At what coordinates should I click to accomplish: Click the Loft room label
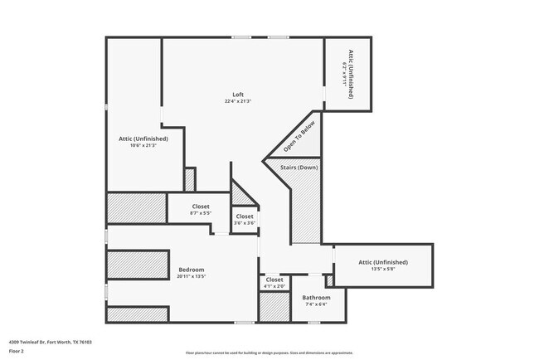click(238, 94)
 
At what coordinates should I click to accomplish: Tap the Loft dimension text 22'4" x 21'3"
click(238, 101)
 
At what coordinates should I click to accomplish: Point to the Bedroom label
click(192, 270)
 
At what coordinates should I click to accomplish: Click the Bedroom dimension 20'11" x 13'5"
click(192, 276)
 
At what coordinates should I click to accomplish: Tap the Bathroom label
click(316, 298)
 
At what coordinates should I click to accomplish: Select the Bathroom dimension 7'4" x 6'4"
click(316, 304)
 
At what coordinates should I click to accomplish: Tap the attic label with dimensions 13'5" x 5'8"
click(383, 265)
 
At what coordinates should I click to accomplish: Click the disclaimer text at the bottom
click(269, 352)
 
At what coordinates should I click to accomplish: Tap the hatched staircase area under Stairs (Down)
click(305, 212)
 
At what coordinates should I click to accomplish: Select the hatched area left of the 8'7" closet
click(137, 207)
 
